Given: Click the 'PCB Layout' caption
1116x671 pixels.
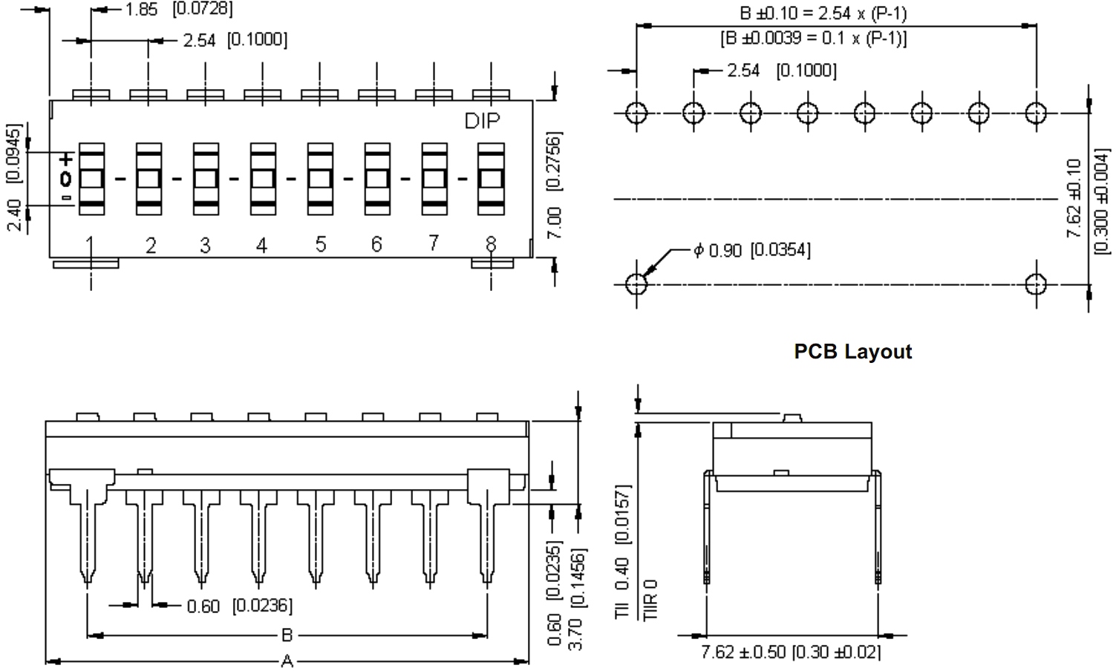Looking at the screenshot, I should (x=852, y=351).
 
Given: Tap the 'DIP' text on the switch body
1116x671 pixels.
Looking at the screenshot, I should (x=482, y=120).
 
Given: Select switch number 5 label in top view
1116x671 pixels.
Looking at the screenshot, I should (x=320, y=244).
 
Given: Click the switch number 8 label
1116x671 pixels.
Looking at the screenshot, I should (x=491, y=243).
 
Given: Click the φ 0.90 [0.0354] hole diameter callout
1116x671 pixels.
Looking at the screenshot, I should (x=751, y=250).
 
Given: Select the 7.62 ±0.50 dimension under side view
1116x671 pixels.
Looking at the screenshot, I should (x=791, y=652).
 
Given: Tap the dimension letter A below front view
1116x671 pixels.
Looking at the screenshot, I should (x=287, y=660).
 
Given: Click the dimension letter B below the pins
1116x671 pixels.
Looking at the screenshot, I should (x=287, y=635).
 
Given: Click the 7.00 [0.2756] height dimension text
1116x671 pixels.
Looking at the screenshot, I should (x=555, y=186).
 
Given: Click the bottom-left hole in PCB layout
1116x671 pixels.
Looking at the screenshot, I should (x=636, y=284).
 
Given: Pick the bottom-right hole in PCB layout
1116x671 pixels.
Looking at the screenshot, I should (x=1036, y=284).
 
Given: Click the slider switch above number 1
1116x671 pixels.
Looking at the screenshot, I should (x=91, y=179).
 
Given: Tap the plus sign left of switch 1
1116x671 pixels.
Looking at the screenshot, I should (x=66, y=159).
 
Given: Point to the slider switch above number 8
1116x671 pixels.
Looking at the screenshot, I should (x=491, y=179).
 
